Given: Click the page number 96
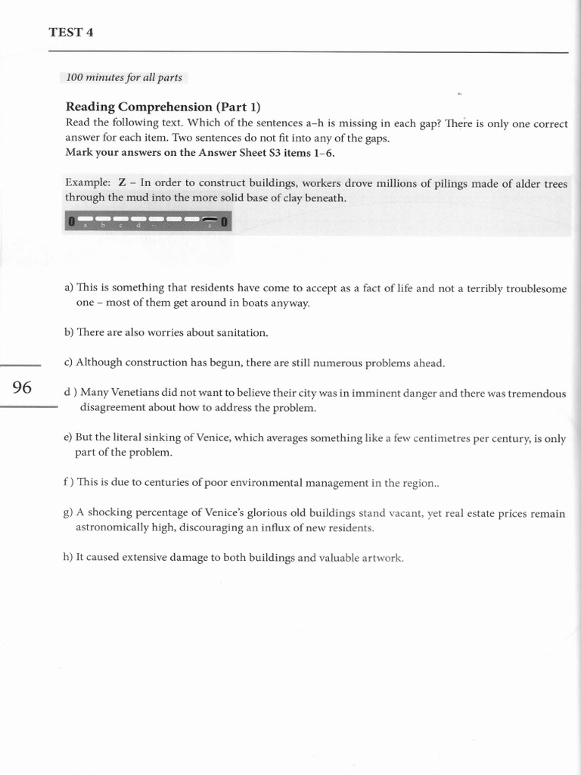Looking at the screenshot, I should click(x=23, y=387).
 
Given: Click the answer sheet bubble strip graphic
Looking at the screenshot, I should click(x=148, y=221).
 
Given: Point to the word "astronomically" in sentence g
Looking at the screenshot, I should click(x=113, y=528).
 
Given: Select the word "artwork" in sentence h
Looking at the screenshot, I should click(x=383, y=558).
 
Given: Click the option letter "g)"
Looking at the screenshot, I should click(x=68, y=512).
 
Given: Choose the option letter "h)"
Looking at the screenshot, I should click(x=69, y=558).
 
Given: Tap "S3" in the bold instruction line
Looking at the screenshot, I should click(x=269, y=152).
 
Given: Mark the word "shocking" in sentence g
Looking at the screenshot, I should click(x=110, y=512).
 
